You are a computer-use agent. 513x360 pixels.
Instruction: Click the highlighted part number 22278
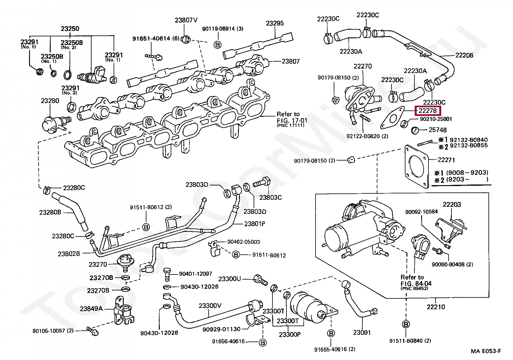(x=427, y=111)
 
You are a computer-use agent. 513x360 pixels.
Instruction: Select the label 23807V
(x=186, y=20)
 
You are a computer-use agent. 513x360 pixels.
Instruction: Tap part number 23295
(x=275, y=23)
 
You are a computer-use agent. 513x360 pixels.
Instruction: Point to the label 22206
(x=464, y=55)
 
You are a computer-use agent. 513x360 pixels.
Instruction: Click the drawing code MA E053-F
(x=486, y=351)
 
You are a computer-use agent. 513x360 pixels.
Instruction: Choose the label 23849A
(x=91, y=309)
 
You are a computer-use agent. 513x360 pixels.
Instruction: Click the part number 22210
(x=435, y=307)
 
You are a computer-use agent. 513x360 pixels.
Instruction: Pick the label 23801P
(x=255, y=224)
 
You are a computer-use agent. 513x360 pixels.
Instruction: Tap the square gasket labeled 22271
(x=417, y=166)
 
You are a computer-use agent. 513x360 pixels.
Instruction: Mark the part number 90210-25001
(x=436, y=119)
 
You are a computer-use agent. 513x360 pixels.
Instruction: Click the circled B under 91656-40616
(x=263, y=343)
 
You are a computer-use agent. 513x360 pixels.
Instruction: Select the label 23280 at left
(x=50, y=101)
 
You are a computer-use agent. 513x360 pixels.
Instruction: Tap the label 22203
(x=452, y=205)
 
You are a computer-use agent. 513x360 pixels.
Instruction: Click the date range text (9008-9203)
(x=467, y=173)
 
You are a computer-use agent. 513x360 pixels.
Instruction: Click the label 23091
(x=362, y=333)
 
